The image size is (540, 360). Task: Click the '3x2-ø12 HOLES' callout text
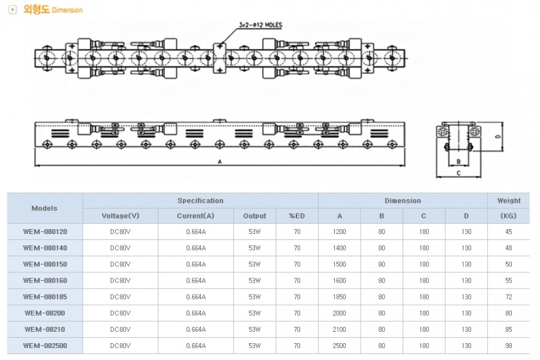[x=260, y=25]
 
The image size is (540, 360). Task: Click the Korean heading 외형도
[x=36, y=10]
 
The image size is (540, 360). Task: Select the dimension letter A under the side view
[x=220, y=161]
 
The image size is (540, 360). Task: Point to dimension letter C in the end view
[x=458, y=173]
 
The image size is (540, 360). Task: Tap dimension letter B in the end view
[x=458, y=161]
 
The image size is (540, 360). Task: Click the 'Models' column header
[x=44, y=208]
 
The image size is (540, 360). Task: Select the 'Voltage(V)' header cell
[x=120, y=216]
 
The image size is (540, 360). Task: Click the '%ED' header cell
[x=297, y=216]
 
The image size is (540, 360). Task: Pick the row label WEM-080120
[x=45, y=232]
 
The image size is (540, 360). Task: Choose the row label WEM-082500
[x=45, y=346]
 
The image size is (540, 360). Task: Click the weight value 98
[x=509, y=346]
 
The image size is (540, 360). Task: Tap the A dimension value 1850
[x=340, y=297]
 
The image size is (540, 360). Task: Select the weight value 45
[x=509, y=232]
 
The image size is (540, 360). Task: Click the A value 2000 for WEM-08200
[x=340, y=313]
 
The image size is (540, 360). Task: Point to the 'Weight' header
[x=509, y=200]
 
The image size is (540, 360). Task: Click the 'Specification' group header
[x=200, y=200]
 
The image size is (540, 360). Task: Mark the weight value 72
[x=509, y=297]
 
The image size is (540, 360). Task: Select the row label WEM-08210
[x=45, y=329]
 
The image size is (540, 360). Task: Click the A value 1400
[x=340, y=248]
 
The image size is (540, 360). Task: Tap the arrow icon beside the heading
[x=13, y=10]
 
